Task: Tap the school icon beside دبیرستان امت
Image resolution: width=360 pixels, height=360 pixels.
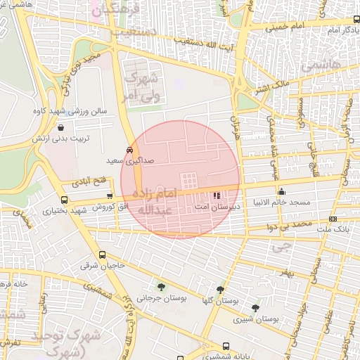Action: [216, 195]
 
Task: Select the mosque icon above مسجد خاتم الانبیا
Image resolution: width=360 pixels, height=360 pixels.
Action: [281, 192]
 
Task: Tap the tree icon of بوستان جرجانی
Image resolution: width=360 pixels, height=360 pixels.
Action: [162, 286]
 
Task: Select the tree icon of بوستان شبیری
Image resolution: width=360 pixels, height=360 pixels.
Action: [255, 307]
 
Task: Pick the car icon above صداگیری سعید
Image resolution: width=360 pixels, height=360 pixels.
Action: [129, 150]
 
